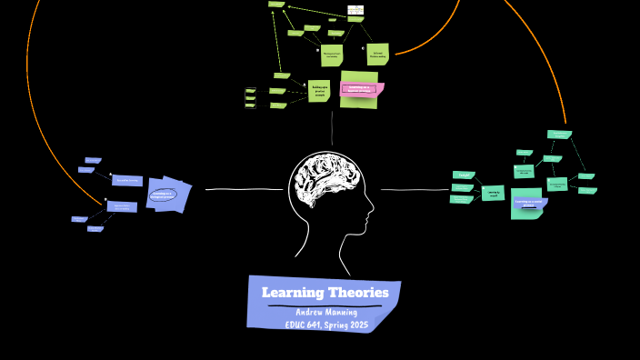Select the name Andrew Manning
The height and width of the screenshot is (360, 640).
[x=326, y=313]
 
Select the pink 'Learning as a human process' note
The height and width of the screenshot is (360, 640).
[x=362, y=89]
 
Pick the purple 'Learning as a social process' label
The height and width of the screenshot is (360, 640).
[x=529, y=203]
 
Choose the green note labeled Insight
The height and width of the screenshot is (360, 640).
[x=464, y=175]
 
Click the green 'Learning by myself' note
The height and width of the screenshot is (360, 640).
[x=493, y=193]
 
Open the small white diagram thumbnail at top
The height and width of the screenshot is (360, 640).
[x=355, y=10]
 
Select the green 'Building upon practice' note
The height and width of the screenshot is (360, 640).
[x=318, y=90]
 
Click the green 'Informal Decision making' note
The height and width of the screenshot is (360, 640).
[x=377, y=54]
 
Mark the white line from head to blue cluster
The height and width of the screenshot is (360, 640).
[x=244, y=189]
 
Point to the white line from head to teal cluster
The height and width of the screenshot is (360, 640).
[x=415, y=189]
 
